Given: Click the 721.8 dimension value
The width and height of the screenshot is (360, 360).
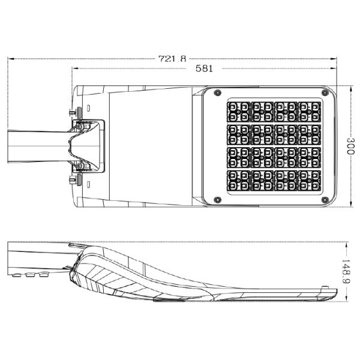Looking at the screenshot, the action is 172,59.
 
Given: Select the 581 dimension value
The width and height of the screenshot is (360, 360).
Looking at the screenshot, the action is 204,68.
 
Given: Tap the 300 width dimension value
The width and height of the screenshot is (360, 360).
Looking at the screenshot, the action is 350,146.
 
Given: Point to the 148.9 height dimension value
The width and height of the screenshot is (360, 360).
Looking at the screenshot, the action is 346,271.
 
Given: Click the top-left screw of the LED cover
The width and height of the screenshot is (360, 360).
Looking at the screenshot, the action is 217,93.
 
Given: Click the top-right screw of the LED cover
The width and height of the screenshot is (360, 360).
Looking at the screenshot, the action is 325,93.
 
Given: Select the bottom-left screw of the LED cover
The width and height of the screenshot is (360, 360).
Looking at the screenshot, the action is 217,200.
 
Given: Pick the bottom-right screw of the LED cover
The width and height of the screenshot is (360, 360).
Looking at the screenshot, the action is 325,200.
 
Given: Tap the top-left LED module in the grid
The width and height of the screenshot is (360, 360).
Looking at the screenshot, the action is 239,112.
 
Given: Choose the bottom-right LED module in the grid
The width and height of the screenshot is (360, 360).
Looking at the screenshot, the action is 310,181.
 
